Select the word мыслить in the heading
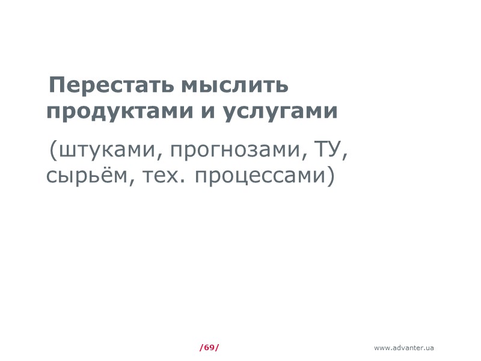(234, 86)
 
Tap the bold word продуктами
(118, 113)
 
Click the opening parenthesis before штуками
(53, 151)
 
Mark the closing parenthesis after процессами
(329, 177)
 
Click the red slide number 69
(209, 348)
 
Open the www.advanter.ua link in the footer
(403, 348)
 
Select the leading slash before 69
(201, 348)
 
